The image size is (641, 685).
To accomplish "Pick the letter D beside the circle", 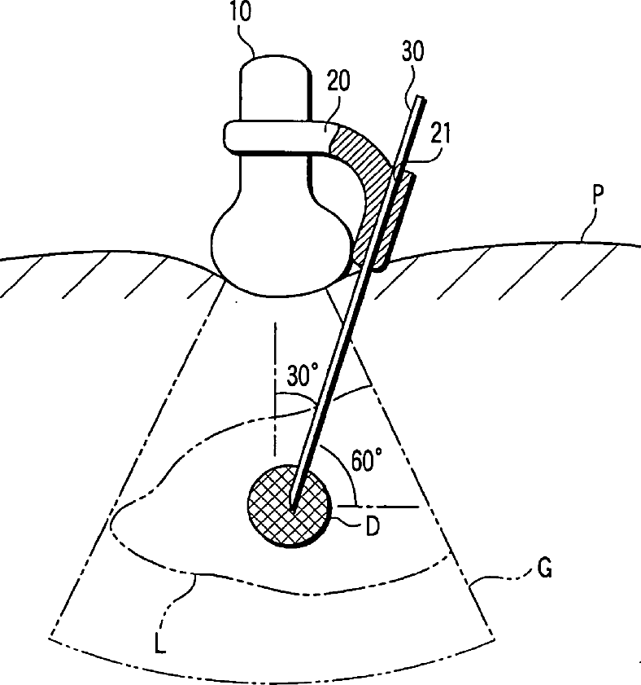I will point(371,527).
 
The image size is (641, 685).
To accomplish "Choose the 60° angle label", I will point(366,462).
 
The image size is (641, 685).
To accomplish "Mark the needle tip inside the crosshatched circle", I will point(292,507).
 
